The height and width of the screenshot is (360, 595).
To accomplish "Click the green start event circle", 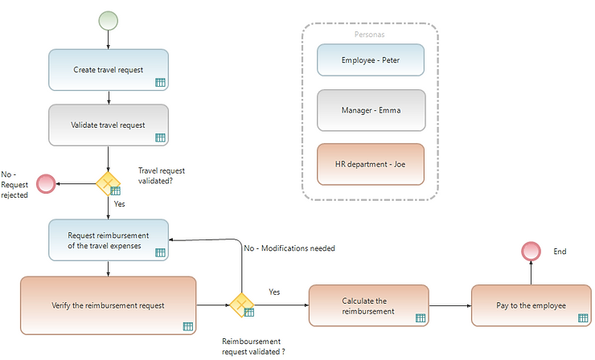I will (108, 20).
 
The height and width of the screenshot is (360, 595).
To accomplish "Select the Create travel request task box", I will (108, 69).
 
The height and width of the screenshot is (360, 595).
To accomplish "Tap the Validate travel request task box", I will (108, 125).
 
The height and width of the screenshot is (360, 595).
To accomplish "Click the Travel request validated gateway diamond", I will (108, 183).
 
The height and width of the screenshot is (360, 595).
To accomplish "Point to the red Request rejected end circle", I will (46, 183).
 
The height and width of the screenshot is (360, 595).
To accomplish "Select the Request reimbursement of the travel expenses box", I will (108, 239).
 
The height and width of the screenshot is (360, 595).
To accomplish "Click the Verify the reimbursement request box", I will (108, 305).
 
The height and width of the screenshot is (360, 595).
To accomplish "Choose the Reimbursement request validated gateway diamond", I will (241, 305).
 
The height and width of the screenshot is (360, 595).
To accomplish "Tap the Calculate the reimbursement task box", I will (369, 305).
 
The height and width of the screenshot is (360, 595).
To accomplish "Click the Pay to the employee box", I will (531, 305).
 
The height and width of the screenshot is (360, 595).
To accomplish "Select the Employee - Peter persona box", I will (370, 59).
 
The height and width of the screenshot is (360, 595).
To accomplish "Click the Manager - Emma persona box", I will (370, 110).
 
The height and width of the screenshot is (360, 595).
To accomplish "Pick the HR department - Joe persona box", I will (370, 163).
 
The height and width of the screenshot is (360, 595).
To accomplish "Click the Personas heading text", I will (370, 35).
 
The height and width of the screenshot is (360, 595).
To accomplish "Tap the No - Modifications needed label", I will (289, 248).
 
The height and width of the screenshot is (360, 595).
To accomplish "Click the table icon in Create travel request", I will (159, 82).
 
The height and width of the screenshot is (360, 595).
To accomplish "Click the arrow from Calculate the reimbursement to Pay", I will (450, 305).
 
